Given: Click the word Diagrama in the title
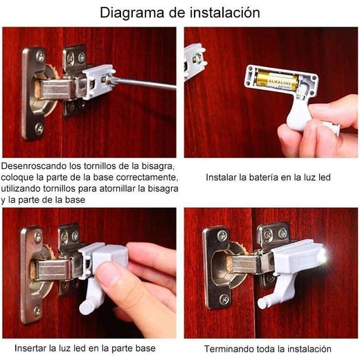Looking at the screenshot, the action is [x=133, y=12].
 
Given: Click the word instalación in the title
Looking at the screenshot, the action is [x=225, y=12].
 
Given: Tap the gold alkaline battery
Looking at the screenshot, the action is [x=277, y=80].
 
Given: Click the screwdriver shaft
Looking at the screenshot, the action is [x=143, y=83].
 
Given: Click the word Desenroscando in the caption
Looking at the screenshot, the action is [x=34, y=165].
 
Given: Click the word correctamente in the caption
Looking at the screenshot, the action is [x=147, y=177].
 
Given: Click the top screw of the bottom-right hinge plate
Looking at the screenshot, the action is [x=222, y=235].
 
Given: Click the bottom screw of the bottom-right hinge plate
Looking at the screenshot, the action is [x=224, y=299].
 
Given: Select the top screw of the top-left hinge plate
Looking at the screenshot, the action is [x=40, y=56].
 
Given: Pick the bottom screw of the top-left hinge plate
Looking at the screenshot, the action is [x=39, y=129].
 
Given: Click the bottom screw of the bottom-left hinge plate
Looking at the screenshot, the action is [x=37, y=312].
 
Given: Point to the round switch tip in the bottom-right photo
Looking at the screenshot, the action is [x=262, y=303].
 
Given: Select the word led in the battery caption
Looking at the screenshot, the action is [x=325, y=177].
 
